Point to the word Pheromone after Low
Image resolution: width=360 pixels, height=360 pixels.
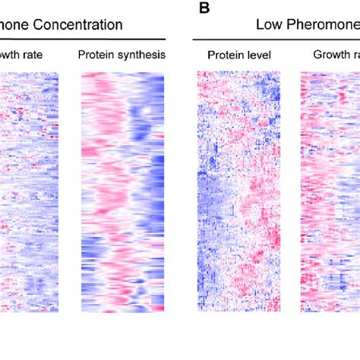(x=322, y=25)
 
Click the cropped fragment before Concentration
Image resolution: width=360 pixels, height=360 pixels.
(x=17, y=25)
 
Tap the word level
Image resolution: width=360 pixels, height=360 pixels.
(x=260, y=55)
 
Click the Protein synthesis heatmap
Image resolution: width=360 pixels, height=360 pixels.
(x=122, y=190)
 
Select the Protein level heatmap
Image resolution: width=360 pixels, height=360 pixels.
(x=238, y=190)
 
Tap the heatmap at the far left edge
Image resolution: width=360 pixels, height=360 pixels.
(x=28, y=190)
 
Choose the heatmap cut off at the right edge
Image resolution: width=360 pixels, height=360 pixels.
(x=330, y=190)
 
